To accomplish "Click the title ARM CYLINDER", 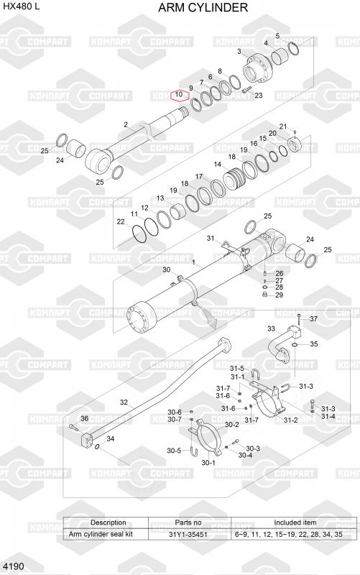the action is pyautogui.click(x=203, y=7).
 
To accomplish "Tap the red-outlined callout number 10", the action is pyautogui.click(x=179, y=95).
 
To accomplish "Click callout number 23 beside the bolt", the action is pyautogui.click(x=259, y=96).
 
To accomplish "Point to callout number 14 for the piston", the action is pyautogui.click(x=218, y=165).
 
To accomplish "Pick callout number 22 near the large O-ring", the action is pyautogui.click(x=121, y=222).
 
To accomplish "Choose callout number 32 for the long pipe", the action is pyautogui.click(x=124, y=402).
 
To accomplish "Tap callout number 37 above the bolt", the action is pyautogui.click(x=314, y=318).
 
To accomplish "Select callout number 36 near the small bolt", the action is pyautogui.click(x=84, y=418).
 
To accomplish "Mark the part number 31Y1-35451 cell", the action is pyautogui.click(x=188, y=534).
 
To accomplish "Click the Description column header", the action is pyautogui.click(x=109, y=523).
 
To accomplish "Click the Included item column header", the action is pyautogui.click(x=295, y=523).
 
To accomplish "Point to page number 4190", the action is pyautogui.click(x=14, y=566).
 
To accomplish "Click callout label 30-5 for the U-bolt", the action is pyautogui.click(x=174, y=451).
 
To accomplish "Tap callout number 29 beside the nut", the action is pyautogui.click(x=279, y=295).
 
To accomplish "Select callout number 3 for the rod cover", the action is pyautogui.click(x=239, y=51).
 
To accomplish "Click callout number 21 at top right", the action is pyautogui.click(x=283, y=126).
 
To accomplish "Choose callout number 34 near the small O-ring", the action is pyautogui.click(x=111, y=438).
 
